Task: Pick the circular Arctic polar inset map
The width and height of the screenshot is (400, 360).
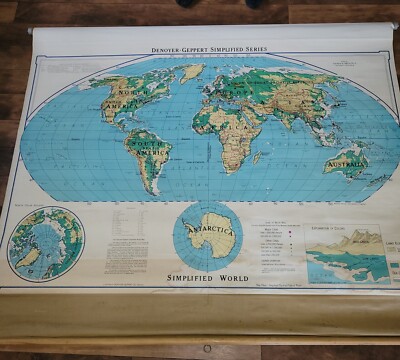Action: tap(46, 242)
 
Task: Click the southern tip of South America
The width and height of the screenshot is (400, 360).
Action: tap(151, 189)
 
